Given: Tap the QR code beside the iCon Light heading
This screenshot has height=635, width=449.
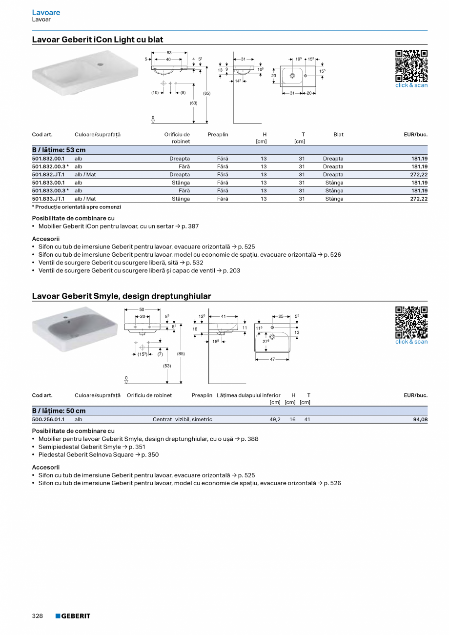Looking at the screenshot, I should click(x=411, y=65).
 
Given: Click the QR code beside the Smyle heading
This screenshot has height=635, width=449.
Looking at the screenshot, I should click(x=411, y=322).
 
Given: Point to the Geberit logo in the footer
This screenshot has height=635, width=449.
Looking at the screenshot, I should click(x=73, y=616).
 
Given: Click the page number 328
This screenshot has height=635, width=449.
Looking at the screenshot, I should click(x=38, y=616).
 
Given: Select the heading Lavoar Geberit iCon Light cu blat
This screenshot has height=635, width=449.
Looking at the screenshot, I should click(x=98, y=40).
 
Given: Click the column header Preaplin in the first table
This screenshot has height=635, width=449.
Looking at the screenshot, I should click(x=218, y=134).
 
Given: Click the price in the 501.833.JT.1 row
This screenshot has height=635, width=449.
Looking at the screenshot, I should click(x=419, y=199).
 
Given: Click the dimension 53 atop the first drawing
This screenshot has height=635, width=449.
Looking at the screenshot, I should click(x=169, y=52).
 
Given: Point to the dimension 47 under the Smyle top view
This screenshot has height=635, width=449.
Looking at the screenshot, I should click(x=272, y=359).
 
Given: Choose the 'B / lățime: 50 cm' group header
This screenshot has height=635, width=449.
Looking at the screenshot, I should click(x=59, y=411).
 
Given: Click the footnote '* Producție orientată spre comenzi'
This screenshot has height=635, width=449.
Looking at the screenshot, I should click(x=76, y=207).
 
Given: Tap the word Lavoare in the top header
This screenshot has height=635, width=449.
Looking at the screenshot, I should click(x=46, y=12).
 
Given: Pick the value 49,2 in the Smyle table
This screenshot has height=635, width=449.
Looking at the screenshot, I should click(x=275, y=419).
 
